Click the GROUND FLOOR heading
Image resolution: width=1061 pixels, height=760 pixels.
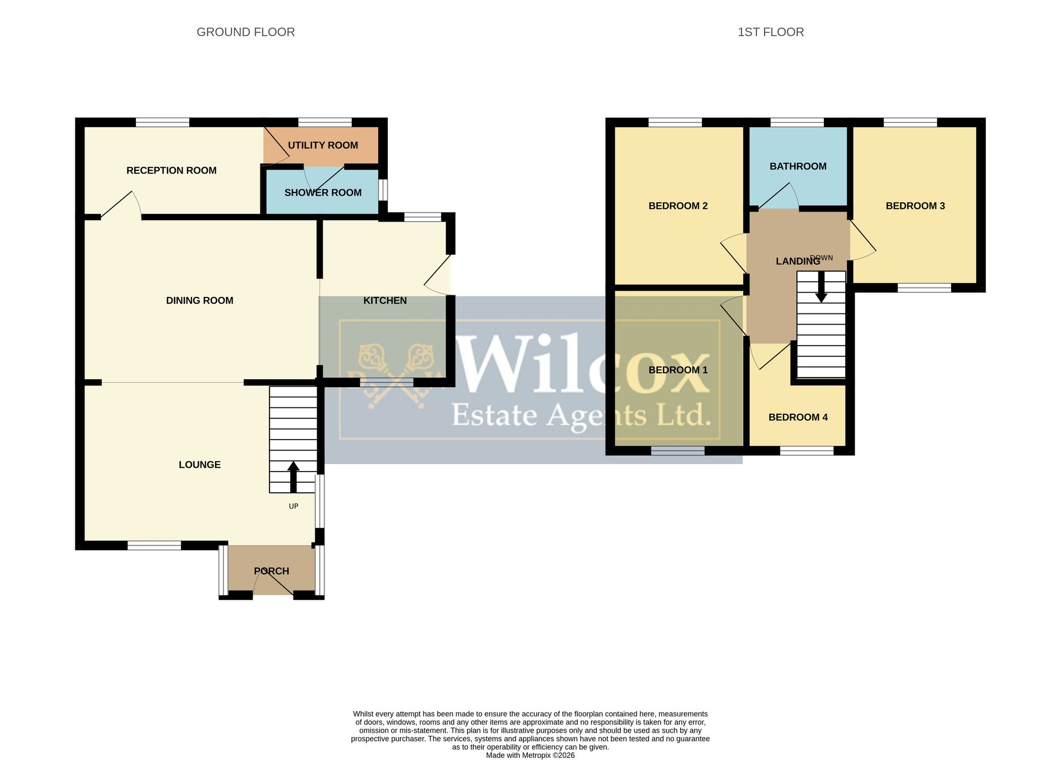pyautogui.click(x=246, y=32)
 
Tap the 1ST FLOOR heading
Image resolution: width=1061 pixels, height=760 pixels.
pyautogui.click(x=771, y=32)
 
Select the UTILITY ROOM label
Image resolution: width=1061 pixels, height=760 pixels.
pyautogui.click(x=323, y=145)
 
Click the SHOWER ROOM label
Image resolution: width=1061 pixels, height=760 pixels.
pyautogui.click(x=323, y=193)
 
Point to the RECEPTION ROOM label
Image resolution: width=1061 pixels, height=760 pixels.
pyautogui.click(x=171, y=170)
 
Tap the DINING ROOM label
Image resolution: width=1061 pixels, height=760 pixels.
pyautogui.click(x=199, y=300)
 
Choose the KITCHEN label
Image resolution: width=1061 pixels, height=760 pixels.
pyautogui.click(x=385, y=300)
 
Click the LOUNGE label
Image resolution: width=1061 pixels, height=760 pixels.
pyautogui.click(x=199, y=465)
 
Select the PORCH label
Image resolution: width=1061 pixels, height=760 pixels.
pyautogui.click(x=272, y=571)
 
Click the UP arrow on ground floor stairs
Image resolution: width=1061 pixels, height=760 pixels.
pyautogui.click(x=293, y=477)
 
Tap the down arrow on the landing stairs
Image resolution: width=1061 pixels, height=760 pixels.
pyautogui.click(x=821, y=287)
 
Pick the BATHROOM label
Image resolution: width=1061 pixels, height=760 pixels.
pyautogui.click(x=798, y=167)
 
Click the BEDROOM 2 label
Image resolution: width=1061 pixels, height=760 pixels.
pyautogui.click(x=678, y=206)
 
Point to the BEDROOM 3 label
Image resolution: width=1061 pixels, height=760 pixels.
pyautogui.click(x=915, y=206)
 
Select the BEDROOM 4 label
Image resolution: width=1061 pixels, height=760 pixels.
pyautogui.click(x=798, y=417)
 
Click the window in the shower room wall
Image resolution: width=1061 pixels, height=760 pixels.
pyautogui.click(x=383, y=190)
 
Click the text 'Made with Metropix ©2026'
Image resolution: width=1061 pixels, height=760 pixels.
pyautogui.click(x=530, y=755)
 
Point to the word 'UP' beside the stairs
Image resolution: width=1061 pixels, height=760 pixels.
pyautogui.click(x=293, y=506)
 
